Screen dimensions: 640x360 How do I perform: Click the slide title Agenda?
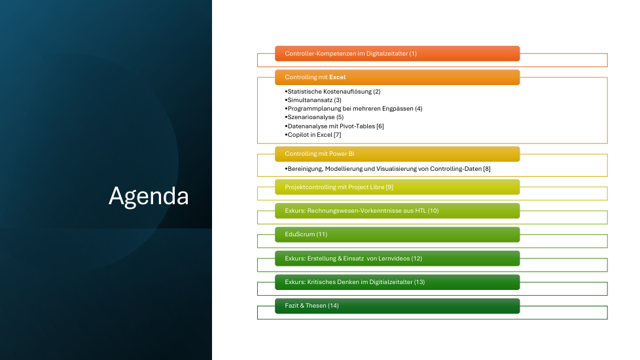[x=149, y=196]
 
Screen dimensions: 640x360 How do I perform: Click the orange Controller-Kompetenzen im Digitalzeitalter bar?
[x=397, y=54]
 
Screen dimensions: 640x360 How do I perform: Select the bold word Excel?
[x=338, y=77]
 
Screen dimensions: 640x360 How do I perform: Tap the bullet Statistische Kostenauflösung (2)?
[x=332, y=92]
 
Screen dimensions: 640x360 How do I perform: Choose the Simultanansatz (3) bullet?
[x=313, y=100]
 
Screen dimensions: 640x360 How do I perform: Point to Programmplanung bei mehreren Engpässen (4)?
[x=353, y=109]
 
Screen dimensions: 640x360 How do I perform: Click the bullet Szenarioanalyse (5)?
[x=314, y=117]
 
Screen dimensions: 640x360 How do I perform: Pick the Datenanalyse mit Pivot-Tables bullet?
[x=334, y=126]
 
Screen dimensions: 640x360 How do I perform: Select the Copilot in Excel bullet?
[x=313, y=135]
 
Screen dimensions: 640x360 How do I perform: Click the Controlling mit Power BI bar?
[x=397, y=154]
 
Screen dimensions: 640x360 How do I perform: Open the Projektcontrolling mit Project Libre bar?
[x=397, y=187]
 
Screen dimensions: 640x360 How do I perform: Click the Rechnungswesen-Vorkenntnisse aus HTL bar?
[x=397, y=211]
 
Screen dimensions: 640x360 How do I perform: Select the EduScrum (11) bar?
[x=397, y=234]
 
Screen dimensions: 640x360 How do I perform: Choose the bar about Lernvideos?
[x=397, y=259]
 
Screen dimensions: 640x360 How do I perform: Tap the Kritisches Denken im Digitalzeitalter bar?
[x=397, y=282]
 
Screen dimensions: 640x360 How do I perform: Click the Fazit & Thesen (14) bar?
[x=397, y=306]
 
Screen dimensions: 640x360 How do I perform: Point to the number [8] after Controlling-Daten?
[x=487, y=169]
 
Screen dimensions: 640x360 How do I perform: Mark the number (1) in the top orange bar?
[x=413, y=54]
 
